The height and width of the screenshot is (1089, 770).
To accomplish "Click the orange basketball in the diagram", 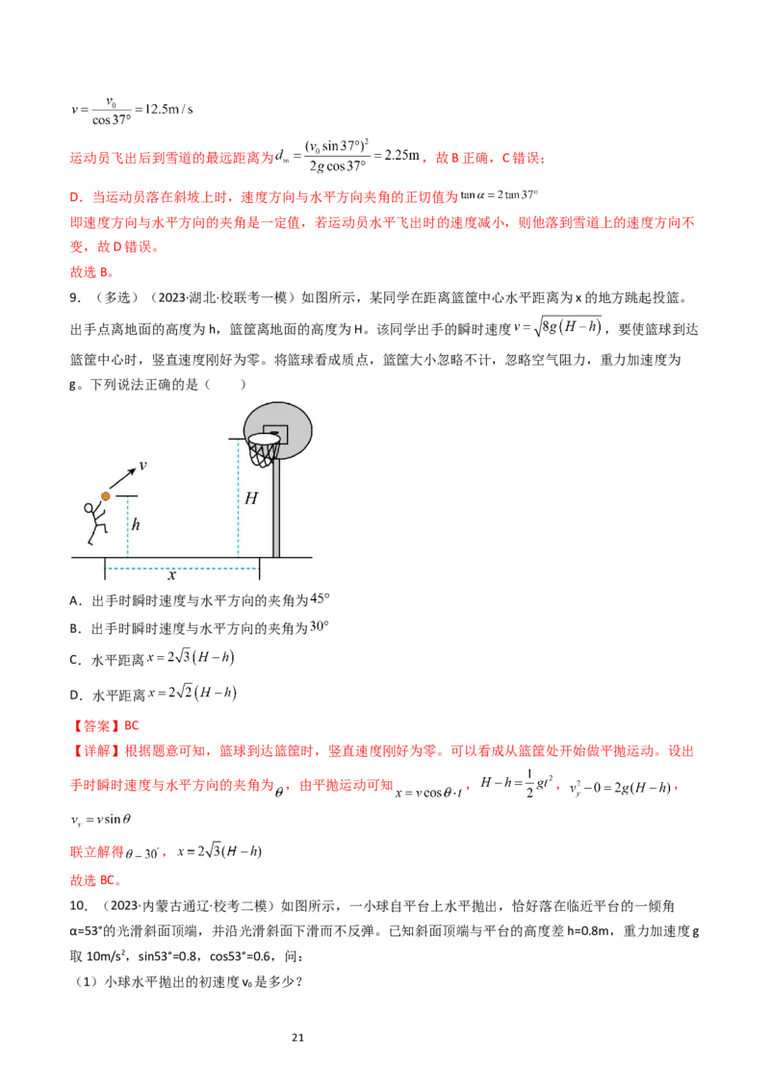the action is pyautogui.click(x=106, y=495).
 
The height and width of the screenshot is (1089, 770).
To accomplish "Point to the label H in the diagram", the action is pyautogui.click(x=251, y=498).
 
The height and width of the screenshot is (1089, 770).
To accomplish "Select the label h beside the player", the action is pyautogui.click(x=136, y=524).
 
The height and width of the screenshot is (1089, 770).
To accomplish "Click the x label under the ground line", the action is pyautogui.click(x=171, y=575).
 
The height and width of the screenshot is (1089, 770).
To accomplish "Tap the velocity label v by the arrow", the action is pyautogui.click(x=142, y=466).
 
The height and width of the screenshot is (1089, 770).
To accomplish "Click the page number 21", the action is pyautogui.click(x=298, y=1038).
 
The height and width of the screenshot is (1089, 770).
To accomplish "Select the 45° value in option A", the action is pyautogui.click(x=320, y=598).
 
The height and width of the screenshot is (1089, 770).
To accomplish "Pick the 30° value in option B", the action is pyautogui.click(x=319, y=626).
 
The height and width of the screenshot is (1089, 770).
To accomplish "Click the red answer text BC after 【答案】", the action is pyautogui.click(x=131, y=725).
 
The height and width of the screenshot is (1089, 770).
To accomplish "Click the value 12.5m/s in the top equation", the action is pyautogui.click(x=168, y=109).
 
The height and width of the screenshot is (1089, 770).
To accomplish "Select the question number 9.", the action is pyautogui.click(x=75, y=298).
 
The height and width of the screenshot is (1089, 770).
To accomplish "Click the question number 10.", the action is pyautogui.click(x=79, y=906).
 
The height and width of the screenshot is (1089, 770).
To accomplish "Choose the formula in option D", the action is pyautogui.click(x=192, y=693).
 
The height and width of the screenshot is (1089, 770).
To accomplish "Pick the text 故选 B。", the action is pyautogui.click(x=91, y=272).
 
